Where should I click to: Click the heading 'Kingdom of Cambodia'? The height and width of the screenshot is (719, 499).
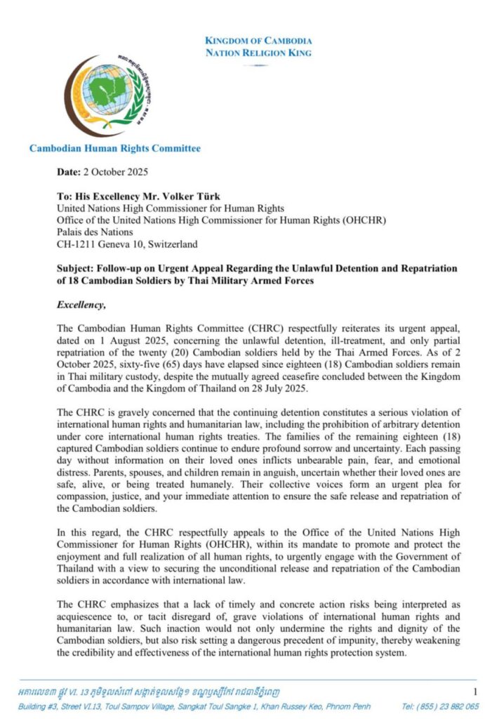pos(258,41)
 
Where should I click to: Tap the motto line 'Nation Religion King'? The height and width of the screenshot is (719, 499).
pos(258,53)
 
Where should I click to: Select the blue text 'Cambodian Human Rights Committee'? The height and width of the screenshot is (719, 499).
pos(115,148)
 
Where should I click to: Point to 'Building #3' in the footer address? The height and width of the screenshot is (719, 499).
pos(46,707)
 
